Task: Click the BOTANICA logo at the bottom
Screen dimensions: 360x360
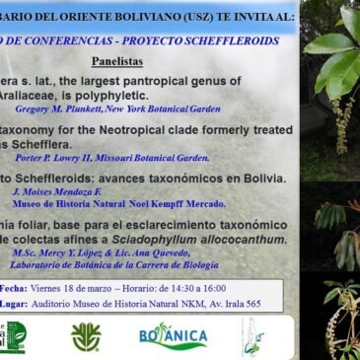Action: (x=174, y=336)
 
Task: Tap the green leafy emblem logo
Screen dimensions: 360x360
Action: (x=86, y=337)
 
